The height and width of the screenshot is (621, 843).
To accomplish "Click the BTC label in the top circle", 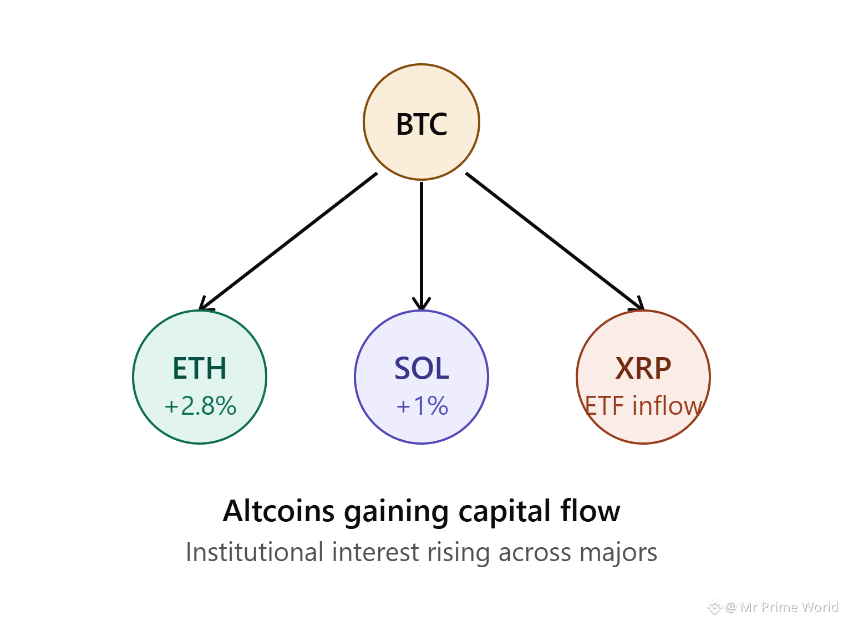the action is pos(421,124).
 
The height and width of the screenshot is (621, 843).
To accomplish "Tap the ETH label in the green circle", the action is pos(200,368).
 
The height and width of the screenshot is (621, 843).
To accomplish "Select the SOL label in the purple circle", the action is pos(421,368).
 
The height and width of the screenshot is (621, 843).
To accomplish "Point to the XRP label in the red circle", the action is pos(643,368).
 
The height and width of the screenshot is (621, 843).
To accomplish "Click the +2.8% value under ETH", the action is pos(200,406).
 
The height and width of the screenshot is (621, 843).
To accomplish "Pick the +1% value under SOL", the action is pos(422,406).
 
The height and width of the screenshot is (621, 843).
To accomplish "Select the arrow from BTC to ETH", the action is pos(288,241).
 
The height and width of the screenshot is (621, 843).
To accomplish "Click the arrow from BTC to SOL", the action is pos(421,246).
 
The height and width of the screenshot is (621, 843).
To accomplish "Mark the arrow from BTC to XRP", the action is pos(555,241).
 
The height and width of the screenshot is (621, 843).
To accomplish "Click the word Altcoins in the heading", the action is pos(278,511).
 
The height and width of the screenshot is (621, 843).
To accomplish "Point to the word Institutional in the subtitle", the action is pos(255,552).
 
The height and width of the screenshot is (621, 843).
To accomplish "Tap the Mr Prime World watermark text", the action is pos(789,607).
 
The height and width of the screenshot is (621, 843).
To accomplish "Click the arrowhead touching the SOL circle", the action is pos(421,304).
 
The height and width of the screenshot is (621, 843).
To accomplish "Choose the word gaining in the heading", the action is pos(397,513).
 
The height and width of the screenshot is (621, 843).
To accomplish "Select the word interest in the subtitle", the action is pos(375,552).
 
